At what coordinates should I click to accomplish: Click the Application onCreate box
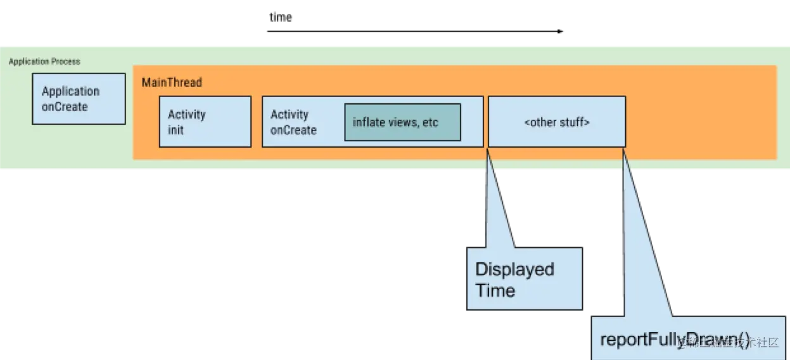[79, 98]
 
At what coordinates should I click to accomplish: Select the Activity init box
[205, 122]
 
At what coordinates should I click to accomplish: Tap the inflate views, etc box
[402, 122]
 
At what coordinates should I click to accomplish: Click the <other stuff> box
[557, 122]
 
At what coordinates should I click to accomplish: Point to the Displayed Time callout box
[524, 280]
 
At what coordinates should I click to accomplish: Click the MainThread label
[172, 82]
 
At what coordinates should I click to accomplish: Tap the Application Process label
[44, 61]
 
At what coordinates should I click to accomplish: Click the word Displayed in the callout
[514, 269]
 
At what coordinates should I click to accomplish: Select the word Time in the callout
[495, 291]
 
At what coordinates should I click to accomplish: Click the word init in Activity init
[175, 130]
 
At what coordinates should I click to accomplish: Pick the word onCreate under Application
[65, 106]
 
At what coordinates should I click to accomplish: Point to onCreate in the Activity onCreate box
[293, 130]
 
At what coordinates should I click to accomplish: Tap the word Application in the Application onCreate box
[70, 91]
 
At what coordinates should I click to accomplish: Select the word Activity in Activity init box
[186, 115]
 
